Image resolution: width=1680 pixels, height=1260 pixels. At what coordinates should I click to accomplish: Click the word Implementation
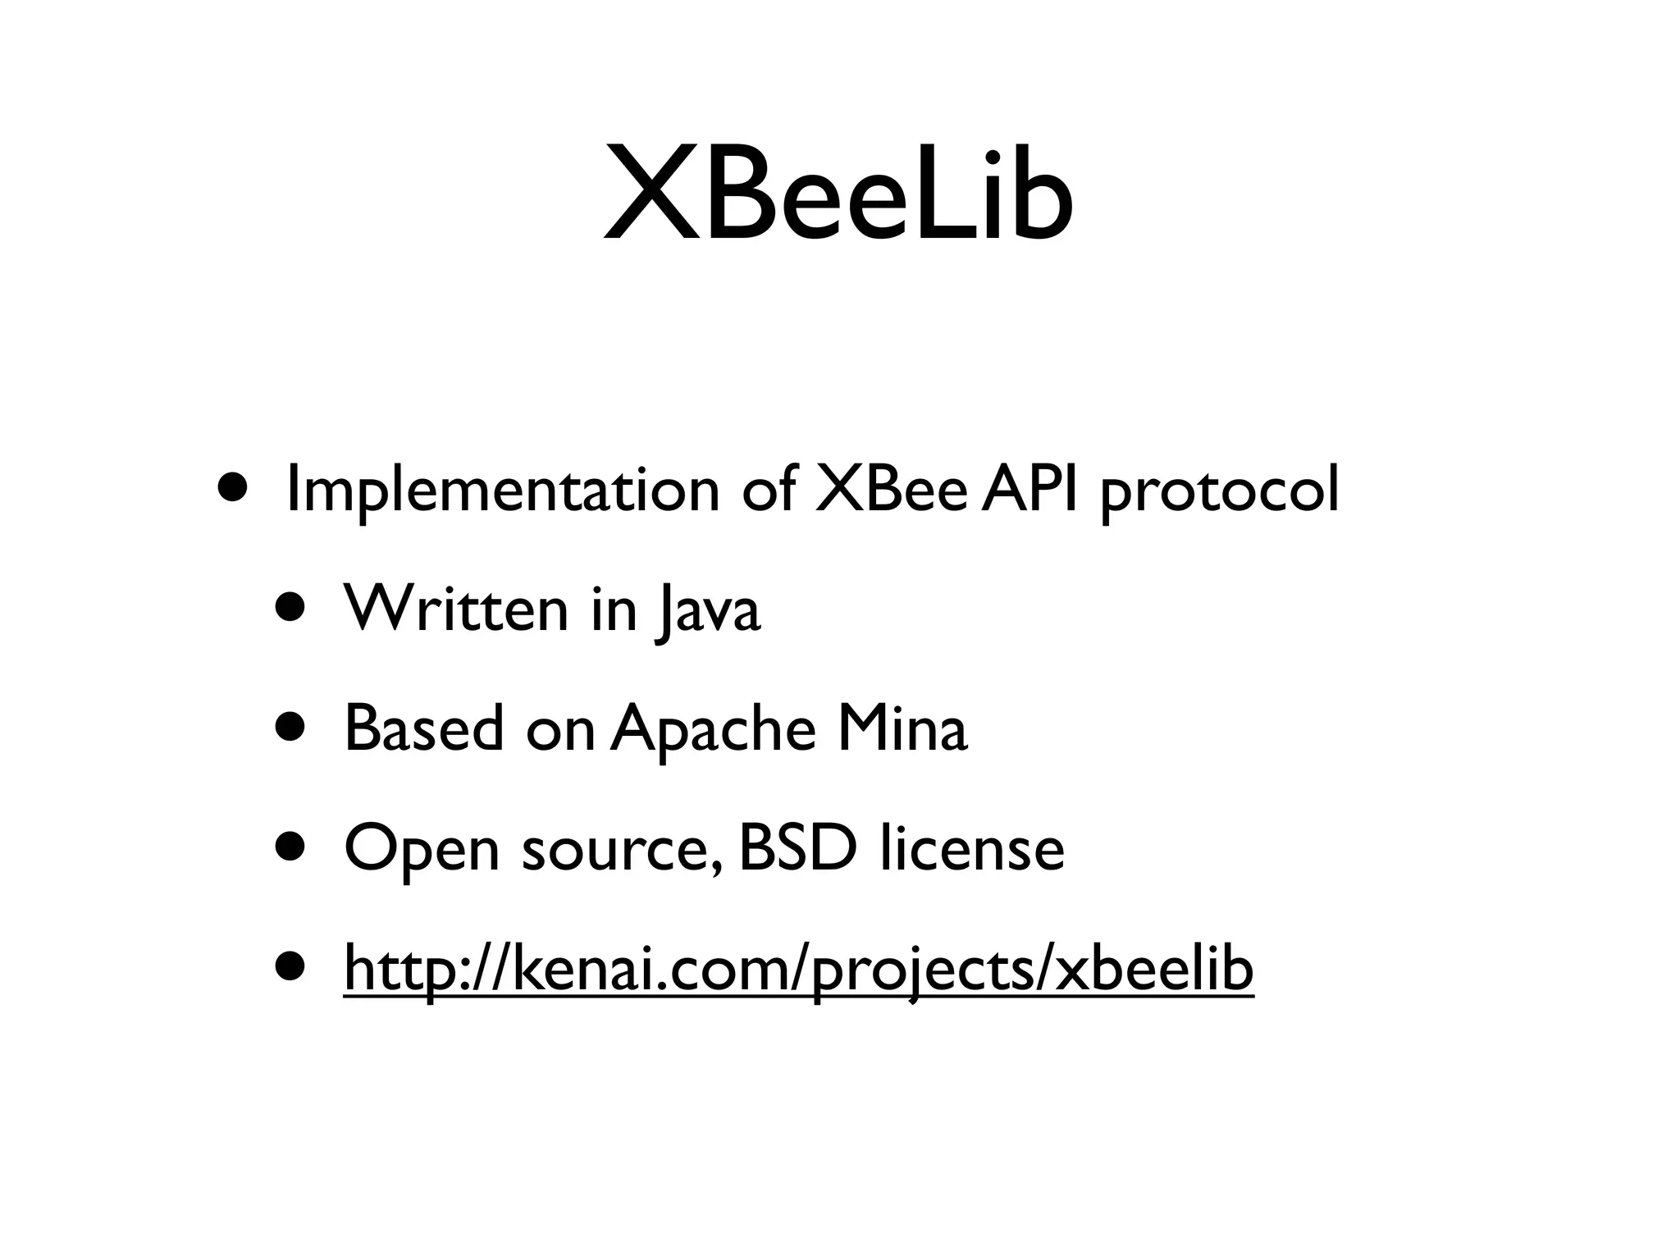[x=503, y=491]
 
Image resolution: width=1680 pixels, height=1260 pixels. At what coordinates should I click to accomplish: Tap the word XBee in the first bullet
[x=891, y=489]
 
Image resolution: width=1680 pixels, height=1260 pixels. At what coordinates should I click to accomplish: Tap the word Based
[x=423, y=728]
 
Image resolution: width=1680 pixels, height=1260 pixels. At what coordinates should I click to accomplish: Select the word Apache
[x=713, y=729]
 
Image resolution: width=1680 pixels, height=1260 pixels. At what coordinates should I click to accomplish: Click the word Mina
[x=902, y=728]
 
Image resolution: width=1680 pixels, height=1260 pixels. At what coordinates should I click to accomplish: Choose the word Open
[x=421, y=850]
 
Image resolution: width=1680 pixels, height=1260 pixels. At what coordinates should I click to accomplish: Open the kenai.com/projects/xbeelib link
[x=798, y=969]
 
